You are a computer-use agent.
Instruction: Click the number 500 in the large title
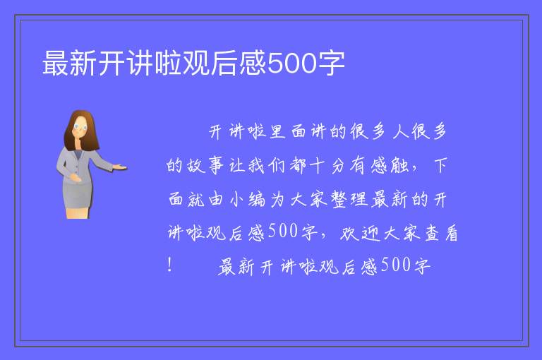point(292,63)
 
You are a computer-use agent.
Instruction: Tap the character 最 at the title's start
point(55,63)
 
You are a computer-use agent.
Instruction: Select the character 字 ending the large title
point(332,63)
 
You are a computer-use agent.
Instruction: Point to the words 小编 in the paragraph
point(248,200)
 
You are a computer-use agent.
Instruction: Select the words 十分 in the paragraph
point(327,166)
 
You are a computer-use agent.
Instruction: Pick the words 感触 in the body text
point(390,166)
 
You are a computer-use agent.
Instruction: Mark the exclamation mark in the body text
point(169,265)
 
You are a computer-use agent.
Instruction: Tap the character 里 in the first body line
point(277,132)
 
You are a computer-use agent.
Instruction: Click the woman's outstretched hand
point(120,167)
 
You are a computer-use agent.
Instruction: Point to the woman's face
point(80,127)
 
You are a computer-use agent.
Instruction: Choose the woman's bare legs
point(78,212)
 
